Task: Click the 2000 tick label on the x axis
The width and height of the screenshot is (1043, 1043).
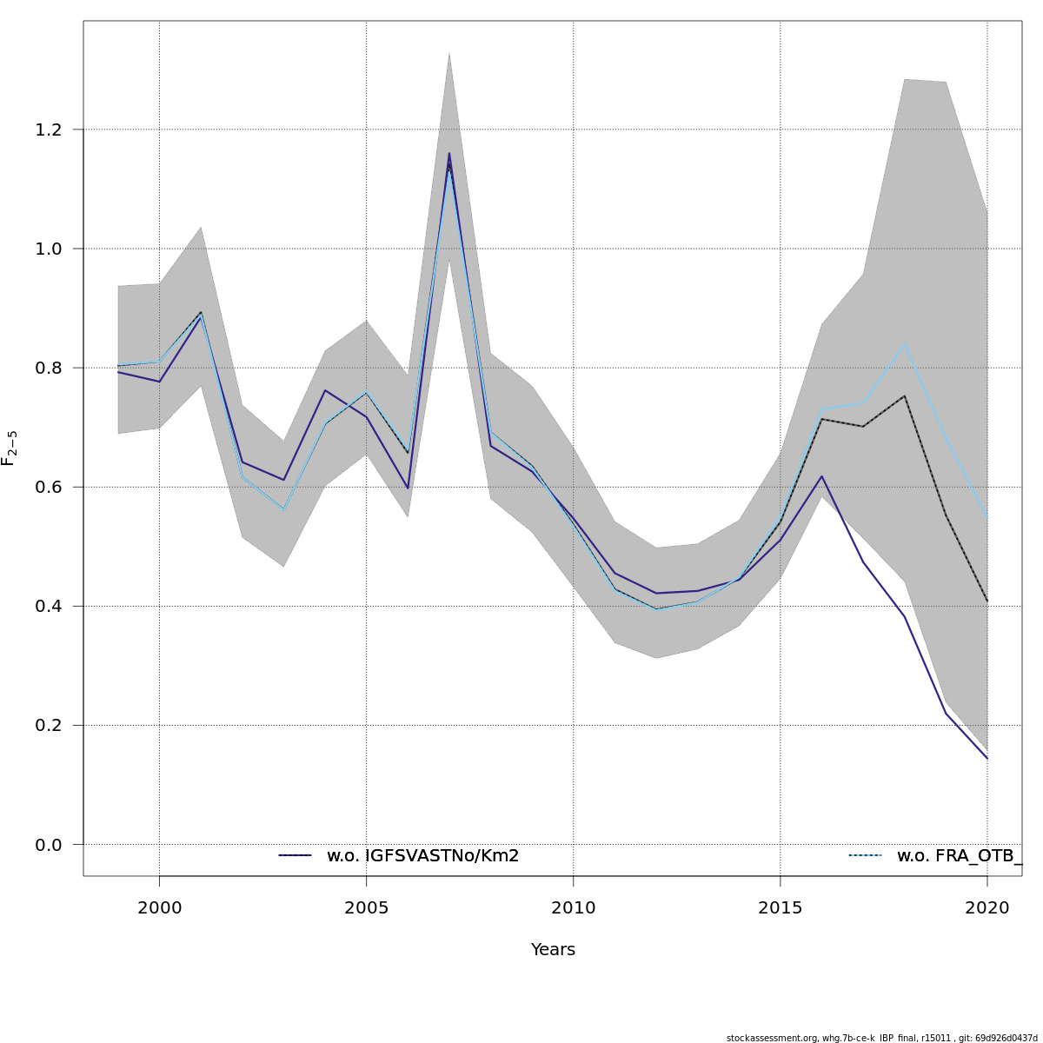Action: [159, 908]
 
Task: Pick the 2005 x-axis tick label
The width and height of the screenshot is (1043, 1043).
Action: [366, 908]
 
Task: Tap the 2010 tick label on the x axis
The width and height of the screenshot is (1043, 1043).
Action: [573, 908]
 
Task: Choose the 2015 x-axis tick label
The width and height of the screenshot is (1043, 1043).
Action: [780, 908]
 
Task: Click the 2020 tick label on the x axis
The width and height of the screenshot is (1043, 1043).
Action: [987, 908]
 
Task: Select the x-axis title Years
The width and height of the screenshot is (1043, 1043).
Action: [553, 950]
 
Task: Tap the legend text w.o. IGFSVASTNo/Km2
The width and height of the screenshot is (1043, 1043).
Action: [422, 856]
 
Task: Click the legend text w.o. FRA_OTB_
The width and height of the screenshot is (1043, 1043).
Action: [959, 856]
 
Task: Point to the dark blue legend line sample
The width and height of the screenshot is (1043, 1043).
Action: [295, 856]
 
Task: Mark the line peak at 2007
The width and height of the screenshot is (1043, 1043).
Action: [449, 154]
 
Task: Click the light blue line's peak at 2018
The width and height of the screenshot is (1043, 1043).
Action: [905, 344]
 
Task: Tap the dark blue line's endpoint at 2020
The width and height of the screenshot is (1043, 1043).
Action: [987, 758]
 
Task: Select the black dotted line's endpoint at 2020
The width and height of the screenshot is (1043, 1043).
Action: [987, 601]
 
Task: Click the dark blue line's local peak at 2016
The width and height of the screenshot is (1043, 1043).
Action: [821, 476]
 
